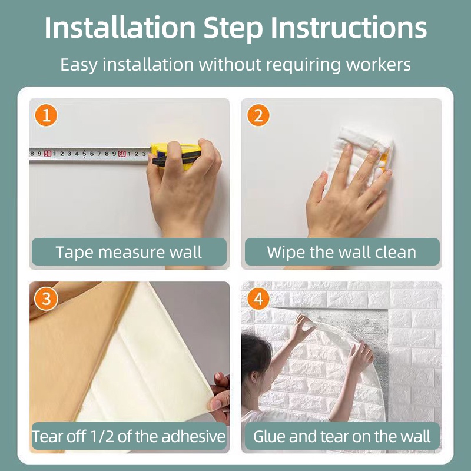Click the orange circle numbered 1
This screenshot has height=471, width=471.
(x=47, y=115)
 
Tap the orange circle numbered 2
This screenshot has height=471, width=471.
(x=258, y=115)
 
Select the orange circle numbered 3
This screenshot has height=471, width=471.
(x=47, y=299)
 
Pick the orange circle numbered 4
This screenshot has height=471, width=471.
(x=258, y=299)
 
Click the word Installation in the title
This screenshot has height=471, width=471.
(x=120, y=28)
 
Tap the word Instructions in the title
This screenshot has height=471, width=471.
(x=349, y=28)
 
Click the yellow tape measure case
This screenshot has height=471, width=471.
(x=175, y=155)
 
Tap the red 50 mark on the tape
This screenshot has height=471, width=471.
(x=48, y=154)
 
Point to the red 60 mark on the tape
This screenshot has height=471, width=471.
(x=122, y=154)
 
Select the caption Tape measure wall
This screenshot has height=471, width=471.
(x=128, y=252)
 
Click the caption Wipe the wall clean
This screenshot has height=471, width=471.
(x=341, y=252)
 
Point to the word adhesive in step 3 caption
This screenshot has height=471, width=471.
(x=194, y=436)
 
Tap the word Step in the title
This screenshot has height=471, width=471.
(x=233, y=28)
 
